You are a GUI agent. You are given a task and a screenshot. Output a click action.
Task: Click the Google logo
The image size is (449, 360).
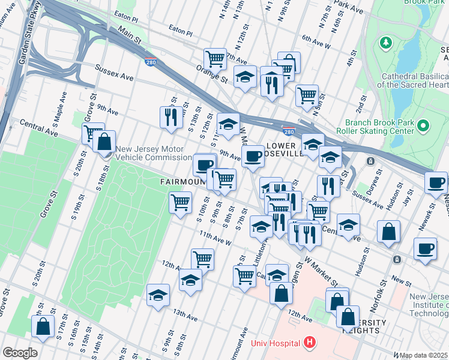pyautogui.click(x=20, y=353)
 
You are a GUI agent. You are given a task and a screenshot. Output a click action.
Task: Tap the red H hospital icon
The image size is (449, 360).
pyautogui.click(x=309, y=343)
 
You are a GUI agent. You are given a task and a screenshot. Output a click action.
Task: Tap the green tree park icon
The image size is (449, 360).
pyautogui.click(x=385, y=43)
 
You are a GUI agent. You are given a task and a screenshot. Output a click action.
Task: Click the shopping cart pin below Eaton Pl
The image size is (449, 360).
pyautogui.click(x=214, y=59)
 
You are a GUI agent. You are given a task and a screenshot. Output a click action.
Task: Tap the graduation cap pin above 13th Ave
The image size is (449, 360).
pyautogui.click(x=158, y=295)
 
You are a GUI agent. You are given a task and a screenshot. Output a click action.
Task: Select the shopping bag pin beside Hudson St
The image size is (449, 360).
pyautogui.click(x=389, y=231)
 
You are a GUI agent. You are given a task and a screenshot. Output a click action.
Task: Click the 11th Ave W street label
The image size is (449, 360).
pyautogui.click(x=215, y=238)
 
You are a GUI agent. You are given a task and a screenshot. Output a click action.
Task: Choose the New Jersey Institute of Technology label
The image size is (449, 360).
pyautogui.click(x=428, y=305)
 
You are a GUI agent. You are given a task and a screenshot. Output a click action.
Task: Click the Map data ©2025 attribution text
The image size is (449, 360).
pyautogui.click(x=424, y=355)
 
